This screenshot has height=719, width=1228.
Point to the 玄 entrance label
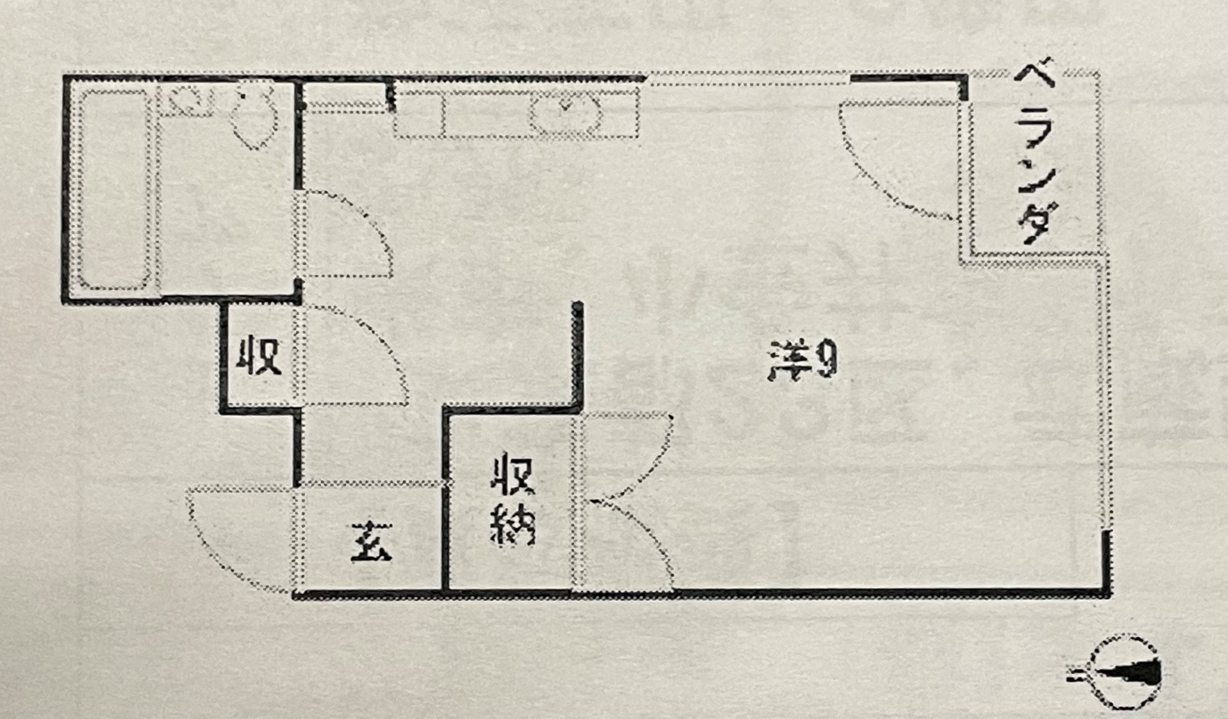click(x=371, y=542)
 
